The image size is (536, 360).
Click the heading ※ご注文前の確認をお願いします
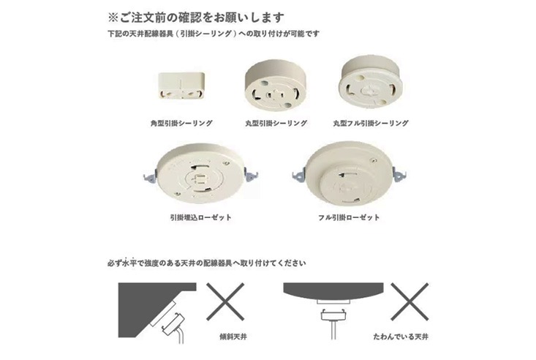pos(196,18)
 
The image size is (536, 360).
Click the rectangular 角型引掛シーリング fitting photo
pos(181,85)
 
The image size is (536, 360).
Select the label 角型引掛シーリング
pos(181,123)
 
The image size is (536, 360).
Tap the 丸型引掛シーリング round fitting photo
pos(276,86)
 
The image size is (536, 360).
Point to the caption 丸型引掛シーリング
pos(276,123)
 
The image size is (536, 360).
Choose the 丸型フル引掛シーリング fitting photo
pos(371,82)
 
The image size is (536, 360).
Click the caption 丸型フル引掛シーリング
pos(371,123)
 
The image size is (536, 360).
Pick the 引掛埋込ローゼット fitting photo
pos(200,173)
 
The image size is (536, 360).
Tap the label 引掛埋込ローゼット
pos(200,217)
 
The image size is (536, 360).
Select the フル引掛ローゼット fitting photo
pos(349,173)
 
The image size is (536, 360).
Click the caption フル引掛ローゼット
pos(349,217)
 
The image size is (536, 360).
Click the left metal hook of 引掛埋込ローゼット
pos(150,178)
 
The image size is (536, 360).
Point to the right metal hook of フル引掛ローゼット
pos(399,174)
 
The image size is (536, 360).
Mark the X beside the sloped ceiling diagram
pos(225,301)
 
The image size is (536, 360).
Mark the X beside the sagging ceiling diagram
pos(409,301)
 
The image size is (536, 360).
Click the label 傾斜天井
pos(233,337)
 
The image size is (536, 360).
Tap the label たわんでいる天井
pos(401,337)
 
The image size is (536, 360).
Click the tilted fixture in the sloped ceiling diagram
pos(173,324)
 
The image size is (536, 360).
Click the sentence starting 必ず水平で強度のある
pos(207,263)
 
